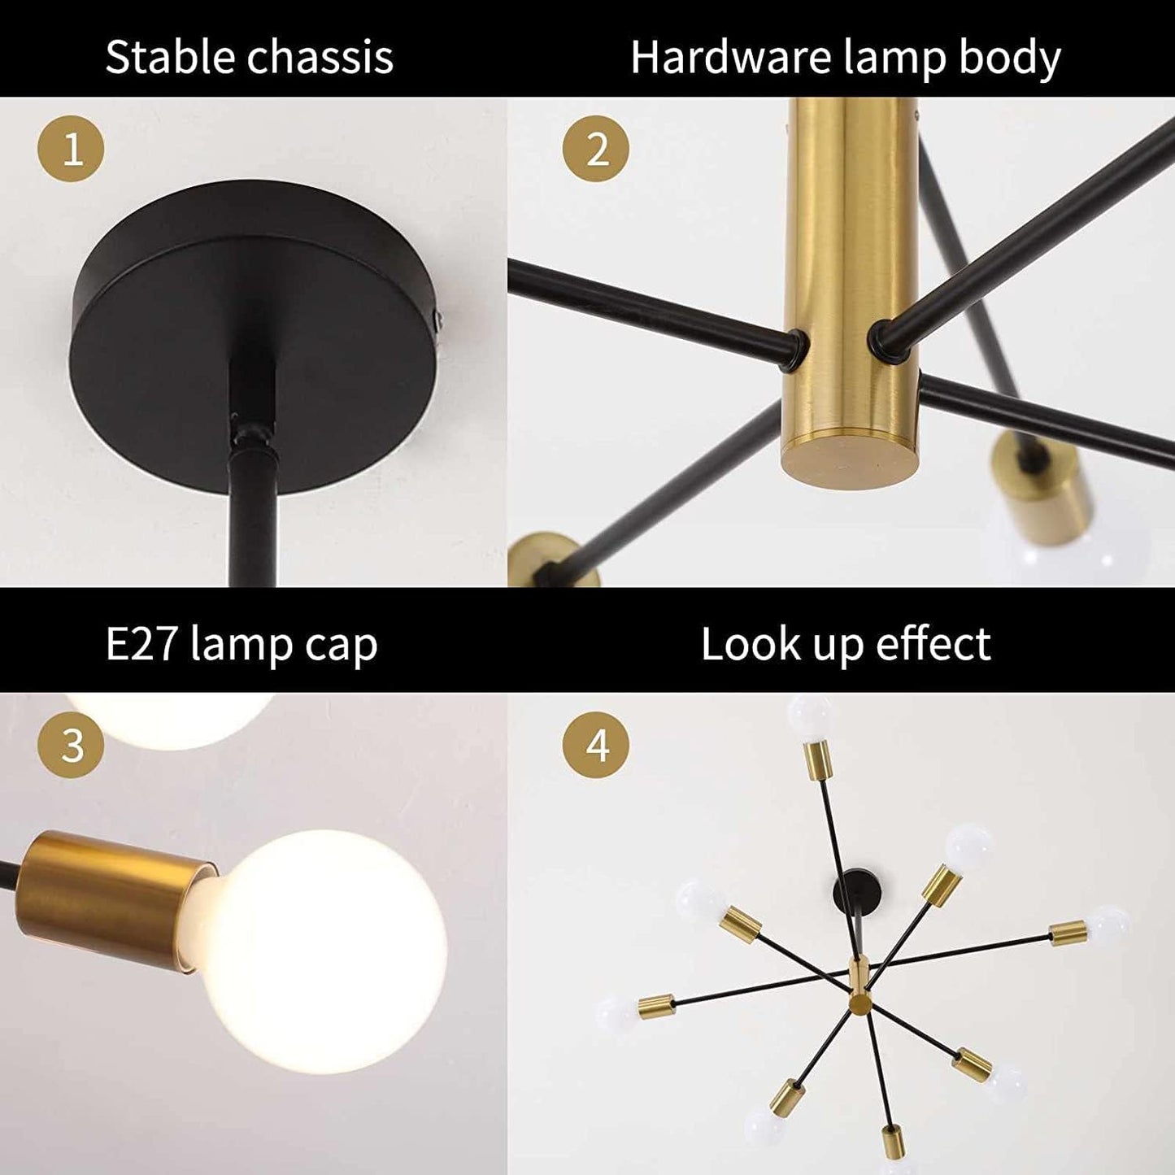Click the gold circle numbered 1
[x=72, y=149]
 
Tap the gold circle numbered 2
[x=597, y=149]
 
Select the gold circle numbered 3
[x=72, y=744]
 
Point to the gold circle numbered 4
[x=597, y=744]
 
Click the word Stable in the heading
[x=170, y=58]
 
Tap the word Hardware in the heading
[x=730, y=58]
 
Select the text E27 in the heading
[x=141, y=645]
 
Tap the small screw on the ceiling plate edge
[x=439, y=322]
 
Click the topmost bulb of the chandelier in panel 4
[x=810, y=716]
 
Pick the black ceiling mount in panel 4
[x=859, y=891]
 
